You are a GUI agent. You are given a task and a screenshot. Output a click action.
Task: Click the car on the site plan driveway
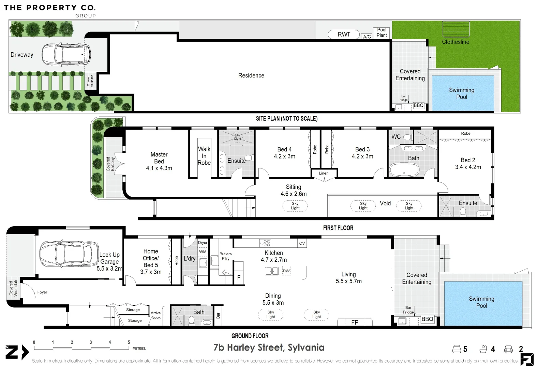tap(66, 55)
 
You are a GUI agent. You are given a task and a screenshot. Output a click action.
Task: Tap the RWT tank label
tap(344, 34)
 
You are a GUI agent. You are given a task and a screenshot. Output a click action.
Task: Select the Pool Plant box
tap(382, 32)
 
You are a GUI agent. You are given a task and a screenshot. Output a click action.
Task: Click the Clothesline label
tap(456, 42)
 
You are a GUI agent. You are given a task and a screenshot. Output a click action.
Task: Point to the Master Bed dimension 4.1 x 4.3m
tap(159, 168)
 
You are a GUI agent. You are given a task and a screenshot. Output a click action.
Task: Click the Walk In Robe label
tap(204, 156)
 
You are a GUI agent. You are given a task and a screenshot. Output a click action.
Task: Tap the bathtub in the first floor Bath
tap(404, 169)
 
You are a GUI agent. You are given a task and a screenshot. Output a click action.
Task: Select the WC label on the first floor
tap(396, 137)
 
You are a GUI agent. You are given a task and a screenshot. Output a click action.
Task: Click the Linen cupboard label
tap(324, 173)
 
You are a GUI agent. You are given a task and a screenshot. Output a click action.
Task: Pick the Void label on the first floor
tap(385, 203)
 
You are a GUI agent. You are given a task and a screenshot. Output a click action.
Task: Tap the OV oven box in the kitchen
tap(302, 243)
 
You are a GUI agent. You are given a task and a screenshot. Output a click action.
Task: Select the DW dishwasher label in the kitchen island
tap(286, 271)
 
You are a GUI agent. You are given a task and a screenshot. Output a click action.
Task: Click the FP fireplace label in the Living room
tap(355, 322)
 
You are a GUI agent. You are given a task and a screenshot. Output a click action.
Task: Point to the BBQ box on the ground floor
tap(427, 319)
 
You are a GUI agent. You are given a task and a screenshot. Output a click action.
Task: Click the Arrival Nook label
tap(156, 315)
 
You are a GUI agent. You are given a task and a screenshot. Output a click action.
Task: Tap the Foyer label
tap(42, 292)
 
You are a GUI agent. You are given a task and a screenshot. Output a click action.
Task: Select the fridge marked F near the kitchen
tap(239, 277)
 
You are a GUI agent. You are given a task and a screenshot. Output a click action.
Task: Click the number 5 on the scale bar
tap(129, 342)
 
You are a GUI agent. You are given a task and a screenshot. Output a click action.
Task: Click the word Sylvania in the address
tap(306, 347)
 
